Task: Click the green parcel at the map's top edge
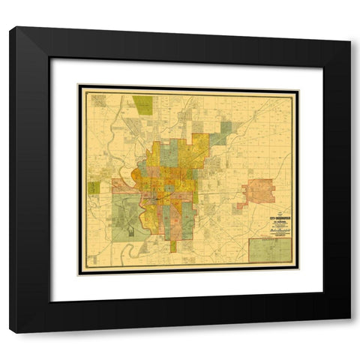tap(142, 104)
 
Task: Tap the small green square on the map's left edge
tap(94, 188)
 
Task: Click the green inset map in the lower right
tap(270, 249)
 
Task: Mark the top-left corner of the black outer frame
tap(11, 28)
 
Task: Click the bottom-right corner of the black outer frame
tap(349, 332)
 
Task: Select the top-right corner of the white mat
tap(323, 58)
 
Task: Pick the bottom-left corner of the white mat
tap(50, 301)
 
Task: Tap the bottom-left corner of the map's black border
tap(79, 274)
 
